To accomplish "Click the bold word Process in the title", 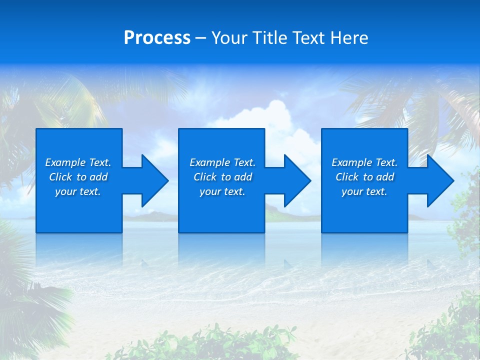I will (x=157, y=37).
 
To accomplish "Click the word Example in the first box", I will (x=64, y=162).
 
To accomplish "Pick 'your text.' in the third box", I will (x=364, y=191).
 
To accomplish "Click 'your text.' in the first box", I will (x=77, y=191).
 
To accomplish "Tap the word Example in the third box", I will (x=351, y=162).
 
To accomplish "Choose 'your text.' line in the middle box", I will (x=222, y=191).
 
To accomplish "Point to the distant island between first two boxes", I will (x=150, y=216).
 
